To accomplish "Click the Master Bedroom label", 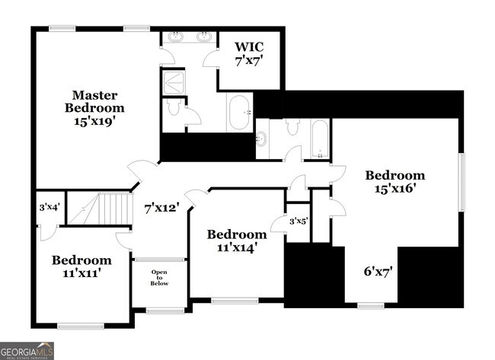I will pyautogui.click(x=94, y=107).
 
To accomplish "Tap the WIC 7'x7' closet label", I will pyautogui.click(x=247, y=53).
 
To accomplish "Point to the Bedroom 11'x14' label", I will pyautogui.click(x=237, y=240).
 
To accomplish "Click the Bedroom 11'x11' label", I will pyautogui.click(x=81, y=266).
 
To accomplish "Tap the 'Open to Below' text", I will pyautogui.click(x=159, y=278).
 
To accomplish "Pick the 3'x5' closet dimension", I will pyautogui.click(x=298, y=221).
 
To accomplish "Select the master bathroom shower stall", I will pyautogui.click(x=174, y=82).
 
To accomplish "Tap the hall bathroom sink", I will pyautogui.click(x=262, y=139).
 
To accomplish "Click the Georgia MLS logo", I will pyautogui.click(x=27, y=351).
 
